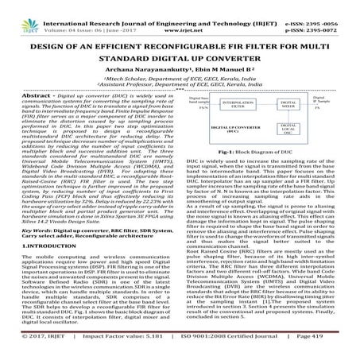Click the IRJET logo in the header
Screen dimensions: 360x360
tap(24, 12)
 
